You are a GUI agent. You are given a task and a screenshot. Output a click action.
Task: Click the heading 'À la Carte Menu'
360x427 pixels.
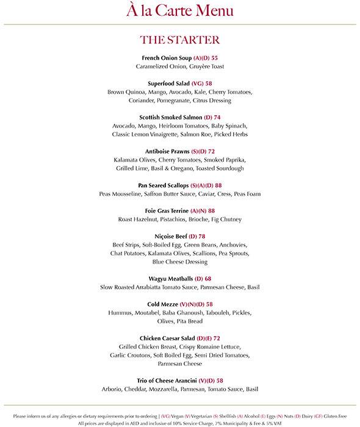pos(179,10)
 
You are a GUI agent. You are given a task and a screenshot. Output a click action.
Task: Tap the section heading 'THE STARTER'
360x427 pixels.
pos(179,40)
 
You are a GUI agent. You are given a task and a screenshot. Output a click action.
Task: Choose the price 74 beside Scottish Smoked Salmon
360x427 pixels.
pos(217,117)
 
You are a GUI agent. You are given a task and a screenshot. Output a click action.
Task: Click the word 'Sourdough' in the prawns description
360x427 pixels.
pos(228,168)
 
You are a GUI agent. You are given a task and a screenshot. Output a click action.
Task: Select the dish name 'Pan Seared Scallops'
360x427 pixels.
pos(164,185)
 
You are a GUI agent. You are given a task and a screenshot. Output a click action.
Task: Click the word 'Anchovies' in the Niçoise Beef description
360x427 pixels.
pos(235,244)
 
